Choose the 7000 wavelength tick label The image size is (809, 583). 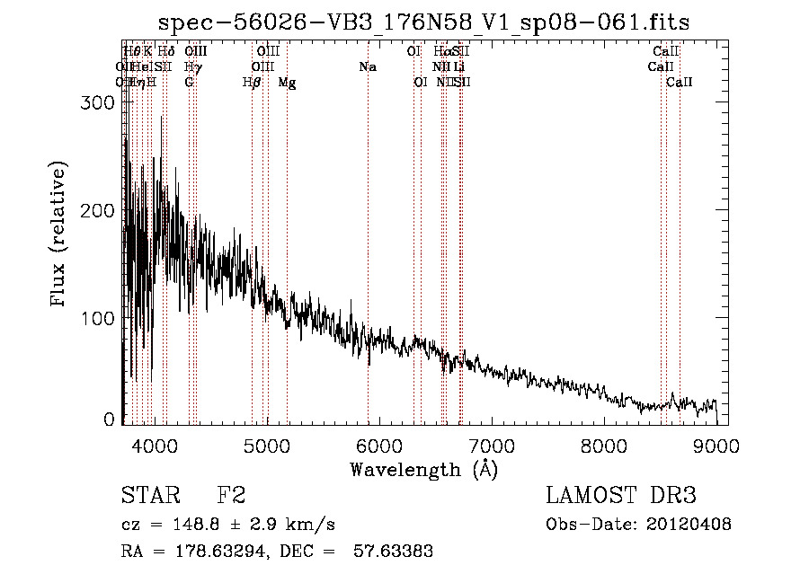point(492,445)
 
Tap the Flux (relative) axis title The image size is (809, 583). point(59,234)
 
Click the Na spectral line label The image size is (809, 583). point(367,66)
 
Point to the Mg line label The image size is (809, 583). point(287,83)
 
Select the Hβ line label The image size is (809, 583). point(252,83)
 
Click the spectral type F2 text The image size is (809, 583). point(231,496)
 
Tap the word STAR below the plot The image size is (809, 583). point(151,496)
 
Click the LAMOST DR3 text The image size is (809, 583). point(621,496)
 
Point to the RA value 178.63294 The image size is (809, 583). point(203,551)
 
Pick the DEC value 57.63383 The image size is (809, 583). point(396,551)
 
